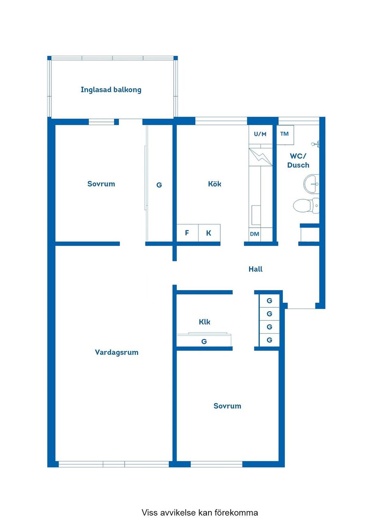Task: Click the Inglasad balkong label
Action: pos(111,90)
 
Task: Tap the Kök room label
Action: pos(214,184)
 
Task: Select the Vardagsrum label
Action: pos(116,352)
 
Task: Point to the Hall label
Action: pos(255,269)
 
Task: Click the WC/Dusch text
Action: pos(298,161)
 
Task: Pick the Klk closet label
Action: pos(204,322)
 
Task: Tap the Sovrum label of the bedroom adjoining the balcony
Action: pos(101,184)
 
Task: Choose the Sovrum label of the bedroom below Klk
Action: pos(227,406)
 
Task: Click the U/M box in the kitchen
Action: pos(260,134)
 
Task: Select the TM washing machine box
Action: pos(284,134)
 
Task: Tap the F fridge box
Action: pos(187,233)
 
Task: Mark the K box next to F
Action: pos(209,233)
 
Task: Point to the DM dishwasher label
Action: pos(254,234)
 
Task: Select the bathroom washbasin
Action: pos(311,184)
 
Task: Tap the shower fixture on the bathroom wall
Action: pos(316,144)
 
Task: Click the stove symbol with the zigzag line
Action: pos(260,157)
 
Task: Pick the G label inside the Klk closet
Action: pos(204,342)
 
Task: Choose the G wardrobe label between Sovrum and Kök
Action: pos(159,185)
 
